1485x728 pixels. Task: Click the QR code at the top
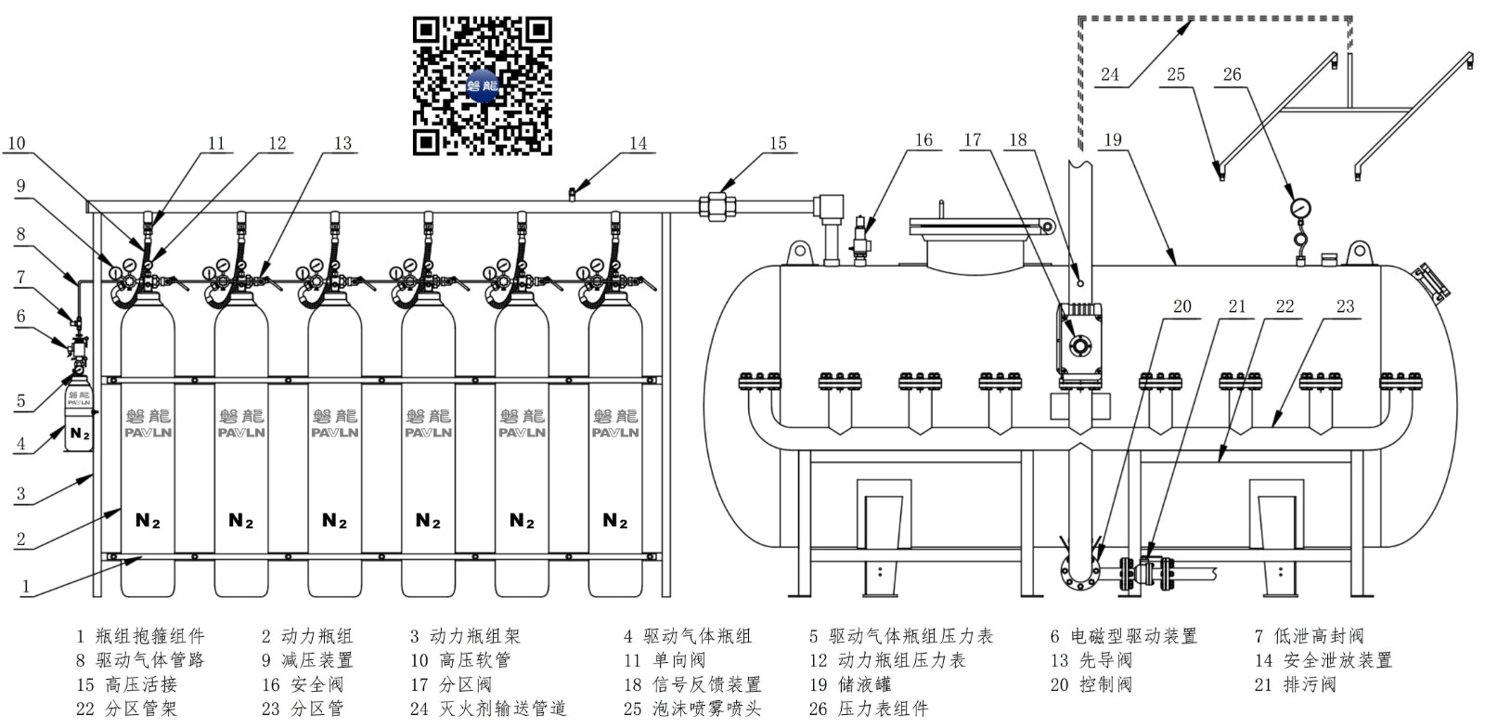[x=482, y=85]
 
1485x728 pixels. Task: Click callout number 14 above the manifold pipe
[x=638, y=143]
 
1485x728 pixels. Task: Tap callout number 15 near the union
[x=778, y=143]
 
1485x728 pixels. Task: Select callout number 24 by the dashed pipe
[x=1110, y=74]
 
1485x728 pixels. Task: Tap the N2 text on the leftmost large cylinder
[x=148, y=521]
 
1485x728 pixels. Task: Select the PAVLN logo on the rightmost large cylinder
[x=615, y=432]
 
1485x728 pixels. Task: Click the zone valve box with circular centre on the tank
[x=1080, y=344]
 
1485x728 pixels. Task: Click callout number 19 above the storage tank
[x=1112, y=140]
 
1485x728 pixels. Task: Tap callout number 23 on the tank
[x=1345, y=306]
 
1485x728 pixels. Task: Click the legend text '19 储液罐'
[x=850, y=684]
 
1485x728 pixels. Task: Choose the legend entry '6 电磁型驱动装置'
[x=1123, y=636]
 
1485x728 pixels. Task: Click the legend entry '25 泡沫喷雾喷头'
[x=691, y=708]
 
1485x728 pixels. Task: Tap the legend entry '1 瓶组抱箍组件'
[x=140, y=636]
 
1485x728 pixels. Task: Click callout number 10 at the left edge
[x=16, y=143]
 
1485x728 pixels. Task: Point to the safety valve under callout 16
[x=860, y=240]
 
